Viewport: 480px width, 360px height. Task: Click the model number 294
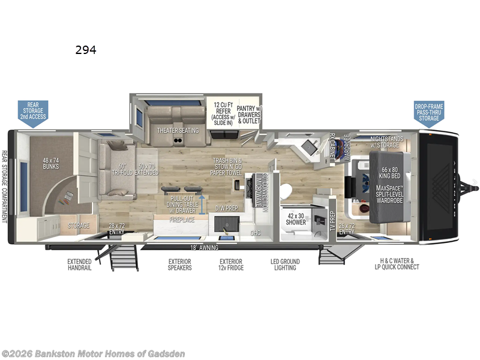pyautogui.click(x=86, y=50)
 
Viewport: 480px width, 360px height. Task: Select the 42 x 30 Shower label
pyautogui.click(x=295, y=218)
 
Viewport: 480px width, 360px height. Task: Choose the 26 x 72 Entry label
pyautogui.click(x=348, y=228)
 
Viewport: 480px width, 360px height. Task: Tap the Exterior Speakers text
pyautogui.click(x=180, y=265)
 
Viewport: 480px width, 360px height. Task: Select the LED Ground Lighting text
pyautogui.click(x=285, y=265)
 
